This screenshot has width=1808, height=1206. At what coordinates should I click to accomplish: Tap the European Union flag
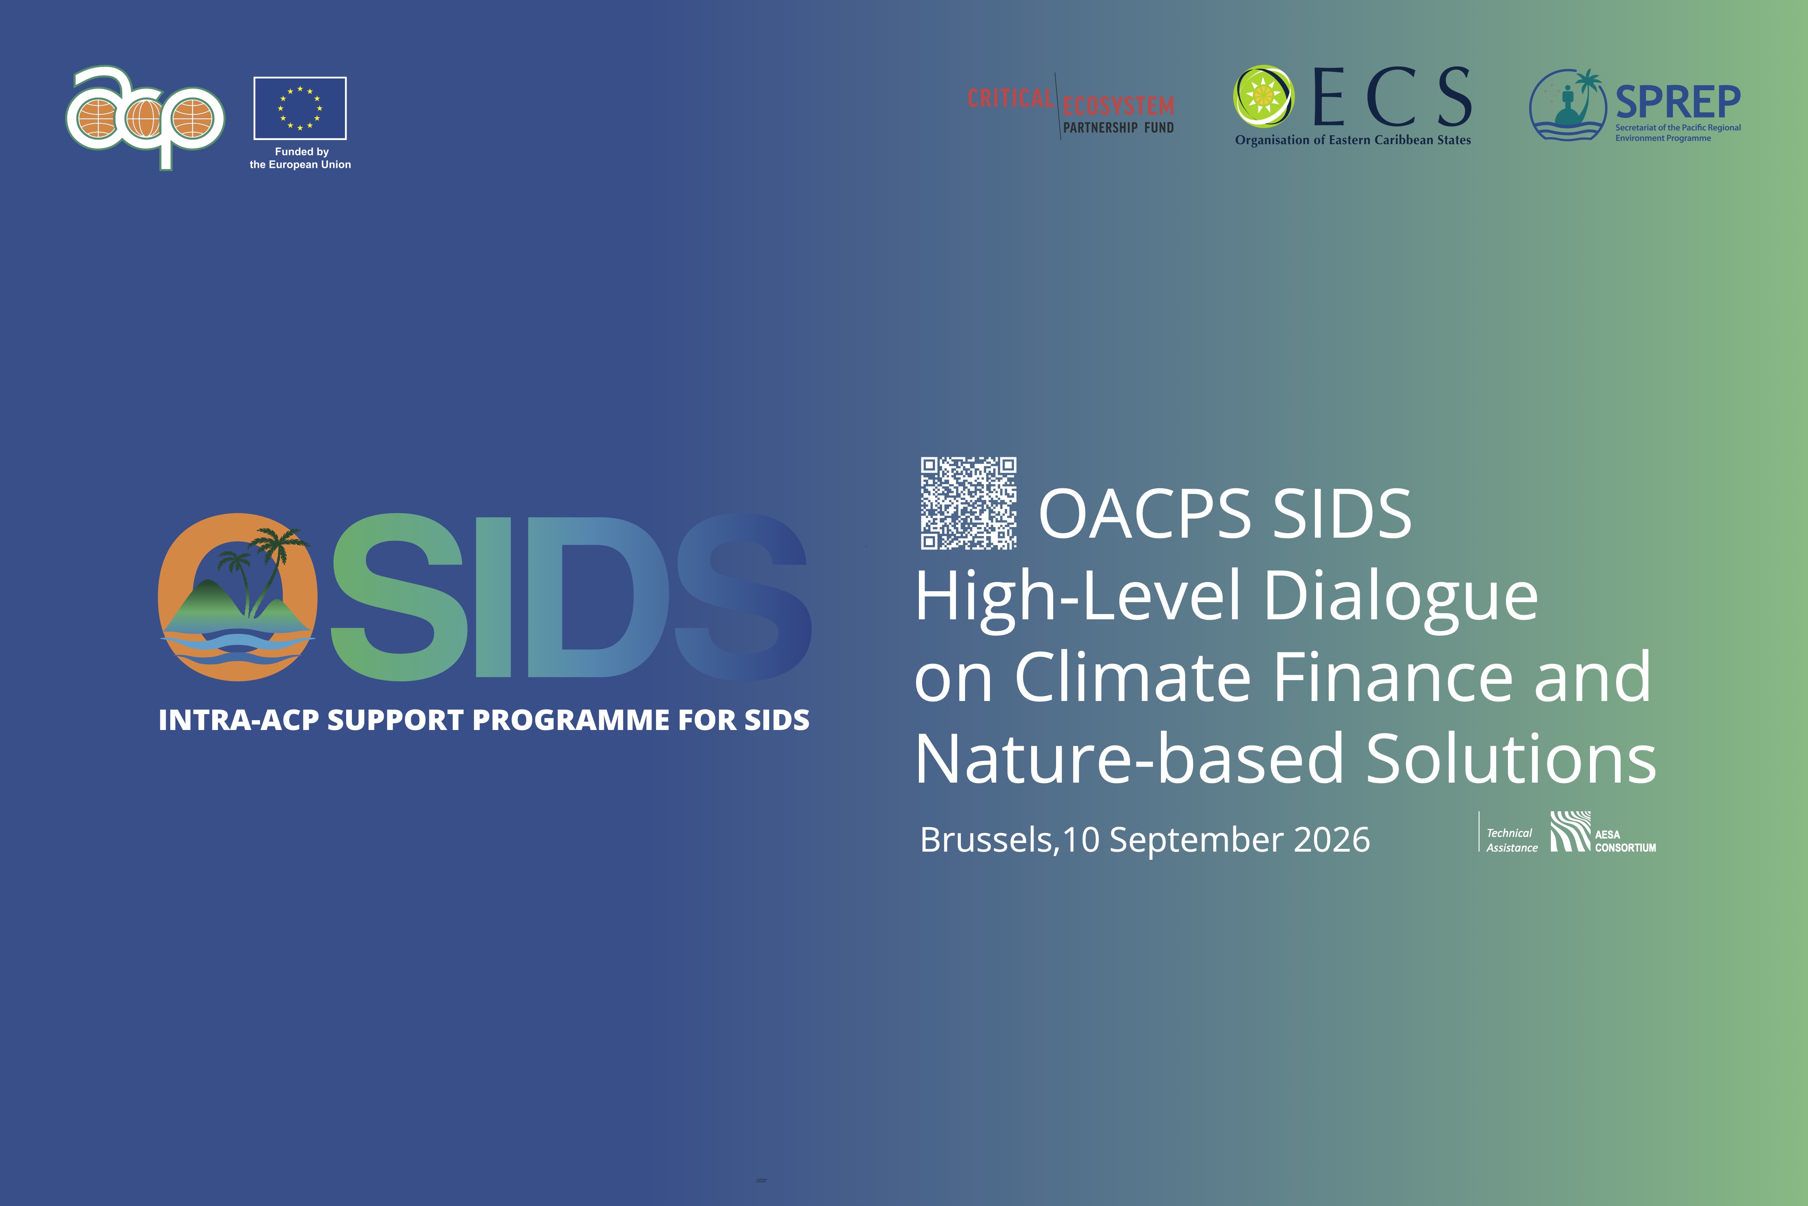(300, 108)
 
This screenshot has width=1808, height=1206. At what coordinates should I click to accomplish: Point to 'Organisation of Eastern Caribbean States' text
(1353, 140)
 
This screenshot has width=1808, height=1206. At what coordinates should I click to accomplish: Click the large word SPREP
(1678, 102)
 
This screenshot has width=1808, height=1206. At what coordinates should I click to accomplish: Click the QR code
(969, 503)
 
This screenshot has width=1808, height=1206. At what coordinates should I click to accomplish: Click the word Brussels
(986, 840)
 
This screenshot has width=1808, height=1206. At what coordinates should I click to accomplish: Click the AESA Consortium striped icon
(1570, 832)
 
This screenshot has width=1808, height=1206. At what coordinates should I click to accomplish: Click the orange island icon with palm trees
(238, 597)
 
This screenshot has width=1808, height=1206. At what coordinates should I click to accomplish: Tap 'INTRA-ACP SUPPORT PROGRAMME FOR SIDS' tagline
(484, 720)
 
